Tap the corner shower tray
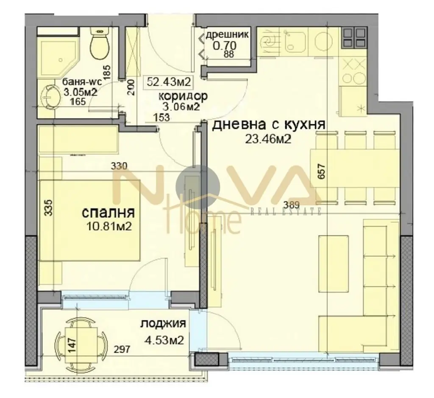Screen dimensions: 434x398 tap(58, 56)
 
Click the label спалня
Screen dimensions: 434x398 tap(108, 213)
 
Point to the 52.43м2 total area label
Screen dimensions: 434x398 tap(169, 82)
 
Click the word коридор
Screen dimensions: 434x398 tap(183, 96)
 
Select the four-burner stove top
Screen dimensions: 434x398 tap(354, 37)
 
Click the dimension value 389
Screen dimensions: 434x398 tap(292, 205)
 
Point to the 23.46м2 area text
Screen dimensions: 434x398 tap(268, 140)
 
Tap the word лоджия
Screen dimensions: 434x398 tap(163, 323)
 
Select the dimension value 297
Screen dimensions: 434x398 tap(122, 349)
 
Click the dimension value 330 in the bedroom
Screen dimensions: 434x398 tap(119, 166)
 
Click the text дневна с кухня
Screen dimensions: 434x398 tap(268, 125)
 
